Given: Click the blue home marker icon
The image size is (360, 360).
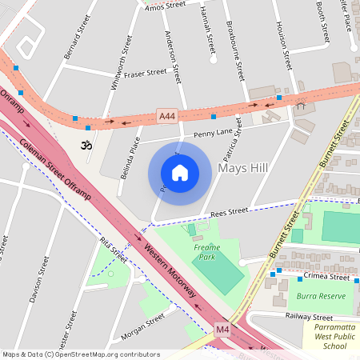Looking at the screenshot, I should coord(180,172).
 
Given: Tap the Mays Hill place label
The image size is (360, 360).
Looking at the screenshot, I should coord(243,169).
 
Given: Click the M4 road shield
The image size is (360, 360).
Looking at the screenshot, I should coord(223,329).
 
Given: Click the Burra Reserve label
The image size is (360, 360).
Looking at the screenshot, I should coord(321,296).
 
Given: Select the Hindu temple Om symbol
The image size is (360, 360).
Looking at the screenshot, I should coord(85,145).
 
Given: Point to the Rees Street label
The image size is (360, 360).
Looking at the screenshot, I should coord(230,212).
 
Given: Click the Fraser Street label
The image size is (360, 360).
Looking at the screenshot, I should coord(145,74).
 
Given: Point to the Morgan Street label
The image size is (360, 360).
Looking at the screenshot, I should coord(142,324).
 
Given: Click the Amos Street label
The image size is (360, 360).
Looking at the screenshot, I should coord(166,5).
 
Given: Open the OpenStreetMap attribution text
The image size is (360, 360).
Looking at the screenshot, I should coord(80,354).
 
